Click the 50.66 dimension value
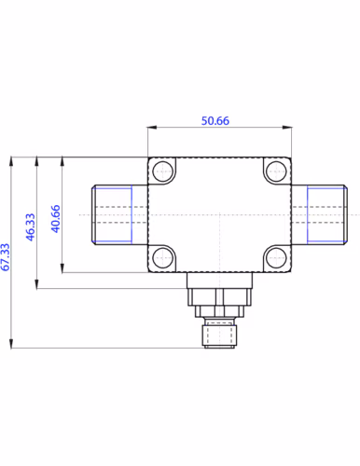coord(215,120)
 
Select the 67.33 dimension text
coord(6,257)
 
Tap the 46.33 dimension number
coord(31,226)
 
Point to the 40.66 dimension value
coord(56,219)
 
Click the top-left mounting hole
coord(163,171)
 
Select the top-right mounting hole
coord(276,171)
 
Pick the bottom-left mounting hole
coord(163,258)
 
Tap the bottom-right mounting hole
coord(276,258)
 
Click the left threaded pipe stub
coord(119,214)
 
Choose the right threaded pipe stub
coord(319,214)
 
